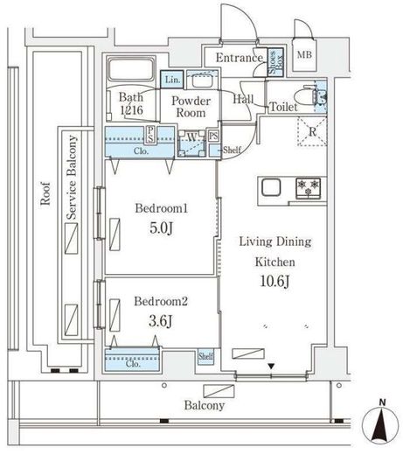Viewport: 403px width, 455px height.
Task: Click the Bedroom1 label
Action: [x=161, y=209]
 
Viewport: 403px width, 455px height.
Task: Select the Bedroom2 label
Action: [x=161, y=302]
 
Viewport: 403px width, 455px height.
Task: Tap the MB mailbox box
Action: [x=304, y=56]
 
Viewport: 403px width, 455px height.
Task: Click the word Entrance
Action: [x=239, y=59]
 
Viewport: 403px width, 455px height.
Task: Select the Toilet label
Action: [x=283, y=107]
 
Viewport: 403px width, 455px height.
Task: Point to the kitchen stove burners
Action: [x=308, y=186]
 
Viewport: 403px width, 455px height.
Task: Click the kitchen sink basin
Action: [x=269, y=186]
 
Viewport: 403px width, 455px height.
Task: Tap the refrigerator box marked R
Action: [x=311, y=132]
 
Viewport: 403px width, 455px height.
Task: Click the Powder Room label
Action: [x=189, y=107]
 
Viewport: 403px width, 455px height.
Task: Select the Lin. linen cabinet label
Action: [x=172, y=79]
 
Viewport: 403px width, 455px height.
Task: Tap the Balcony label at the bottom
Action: [x=204, y=405]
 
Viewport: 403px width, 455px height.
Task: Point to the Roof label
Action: [x=45, y=193]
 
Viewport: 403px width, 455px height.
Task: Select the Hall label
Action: [x=244, y=100]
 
